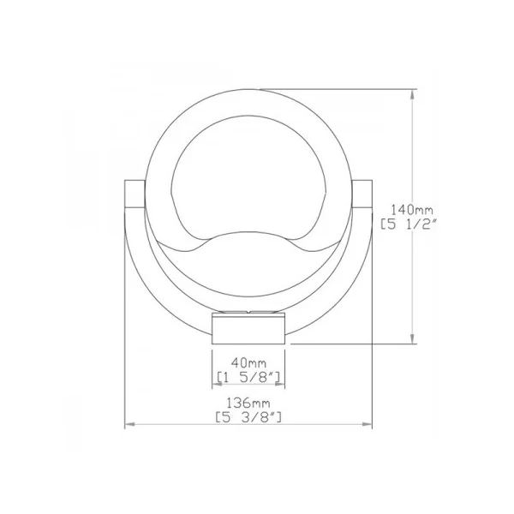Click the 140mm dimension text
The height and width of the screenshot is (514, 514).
[412, 209]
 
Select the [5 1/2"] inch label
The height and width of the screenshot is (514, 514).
[409, 224]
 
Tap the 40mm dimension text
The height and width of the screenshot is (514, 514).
[248, 363]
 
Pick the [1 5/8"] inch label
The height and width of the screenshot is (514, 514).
[248, 378]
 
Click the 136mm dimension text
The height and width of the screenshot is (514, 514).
[248, 403]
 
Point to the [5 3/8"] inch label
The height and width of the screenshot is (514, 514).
[248, 417]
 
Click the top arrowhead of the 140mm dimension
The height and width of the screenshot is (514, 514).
[412, 94]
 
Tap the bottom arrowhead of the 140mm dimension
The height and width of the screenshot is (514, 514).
[412, 338]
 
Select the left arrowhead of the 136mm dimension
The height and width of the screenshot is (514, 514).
[130, 424]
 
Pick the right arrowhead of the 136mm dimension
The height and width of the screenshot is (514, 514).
[368, 424]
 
